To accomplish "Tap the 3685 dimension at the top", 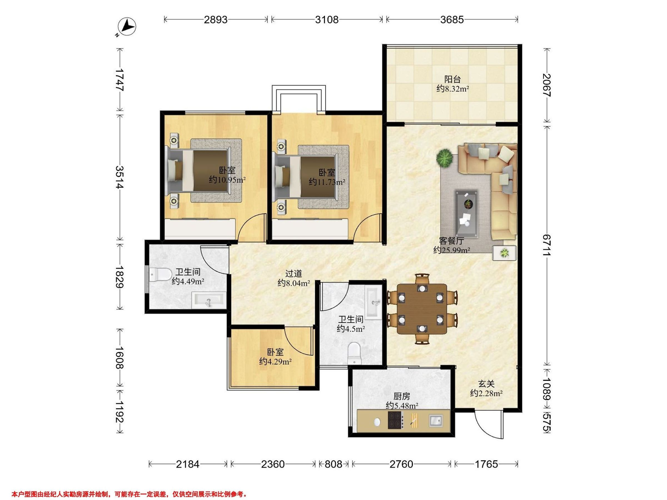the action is [x=452, y=20].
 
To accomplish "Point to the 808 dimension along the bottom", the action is [x=333, y=464].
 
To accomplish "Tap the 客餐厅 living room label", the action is [x=451, y=241].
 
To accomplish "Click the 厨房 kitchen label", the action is [x=402, y=396].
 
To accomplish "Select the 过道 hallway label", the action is [x=294, y=274].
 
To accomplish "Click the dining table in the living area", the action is [x=422, y=309].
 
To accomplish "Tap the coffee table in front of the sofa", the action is [x=466, y=212].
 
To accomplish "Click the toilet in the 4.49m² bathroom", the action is [x=160, y=274].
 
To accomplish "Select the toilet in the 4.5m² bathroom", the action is [x=354, y=354].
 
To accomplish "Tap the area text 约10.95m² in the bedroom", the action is [x=227, y=180].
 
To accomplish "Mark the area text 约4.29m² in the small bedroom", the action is [x=275, y=361].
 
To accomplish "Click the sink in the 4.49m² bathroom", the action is [x=209, y=300].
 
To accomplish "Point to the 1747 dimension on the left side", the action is [x=120, y=80].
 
